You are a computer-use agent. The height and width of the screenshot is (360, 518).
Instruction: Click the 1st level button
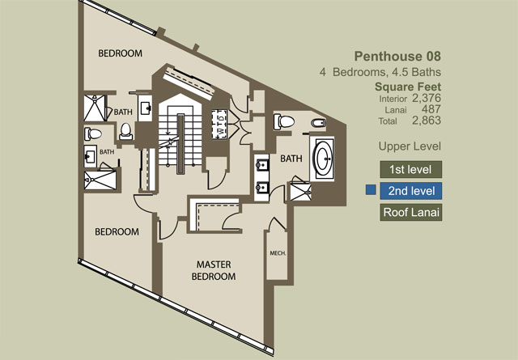pos(410,169)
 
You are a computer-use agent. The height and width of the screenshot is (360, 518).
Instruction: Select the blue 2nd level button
pos(410,191)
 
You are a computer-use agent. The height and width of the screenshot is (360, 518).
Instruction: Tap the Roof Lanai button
pos(410,212)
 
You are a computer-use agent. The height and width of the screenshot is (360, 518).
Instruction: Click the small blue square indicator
pos(371,190)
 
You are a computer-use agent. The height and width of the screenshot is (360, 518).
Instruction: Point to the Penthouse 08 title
pos(397,57)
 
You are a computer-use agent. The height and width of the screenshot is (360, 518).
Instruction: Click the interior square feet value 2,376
pos(427,98)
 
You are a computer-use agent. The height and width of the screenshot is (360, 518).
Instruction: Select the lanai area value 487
pos(431,109)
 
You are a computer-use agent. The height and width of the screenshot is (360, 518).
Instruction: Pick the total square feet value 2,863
pos(427,121)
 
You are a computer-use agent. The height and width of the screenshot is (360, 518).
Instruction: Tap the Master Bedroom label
pos(214,270)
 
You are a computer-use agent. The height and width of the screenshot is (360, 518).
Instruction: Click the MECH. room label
pos(278,253)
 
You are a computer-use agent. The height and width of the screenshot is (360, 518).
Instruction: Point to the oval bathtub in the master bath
pos(322,159)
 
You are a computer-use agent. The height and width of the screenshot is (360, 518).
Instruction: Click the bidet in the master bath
pos(318,123)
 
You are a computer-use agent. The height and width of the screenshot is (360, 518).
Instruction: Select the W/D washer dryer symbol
pos(219,124)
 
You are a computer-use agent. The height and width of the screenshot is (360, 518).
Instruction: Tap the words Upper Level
pos(410,146)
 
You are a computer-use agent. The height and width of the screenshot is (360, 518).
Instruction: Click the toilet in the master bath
pos(284,121)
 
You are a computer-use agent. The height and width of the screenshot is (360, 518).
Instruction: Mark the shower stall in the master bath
pos(300,192)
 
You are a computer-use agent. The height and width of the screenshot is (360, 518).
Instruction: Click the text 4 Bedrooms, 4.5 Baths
pos(380,72)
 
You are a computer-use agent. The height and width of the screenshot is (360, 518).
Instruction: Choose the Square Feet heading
pos(408,87)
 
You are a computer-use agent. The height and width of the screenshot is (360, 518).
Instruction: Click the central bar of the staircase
pos(180,144)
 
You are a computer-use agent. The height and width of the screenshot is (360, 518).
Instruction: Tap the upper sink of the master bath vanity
pos(262,164)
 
